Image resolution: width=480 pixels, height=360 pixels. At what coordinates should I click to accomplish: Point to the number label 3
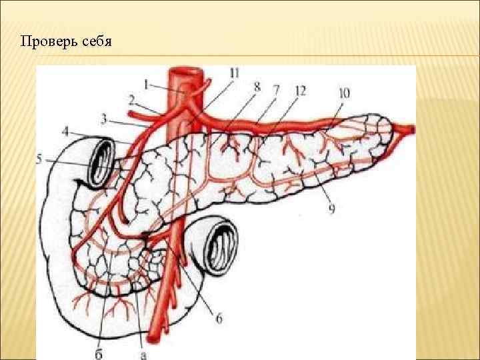click(105, 119)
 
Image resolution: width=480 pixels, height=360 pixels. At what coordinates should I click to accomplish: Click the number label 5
click(40, 159)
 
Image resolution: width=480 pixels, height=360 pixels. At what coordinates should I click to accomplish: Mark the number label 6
click(219, 319)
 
